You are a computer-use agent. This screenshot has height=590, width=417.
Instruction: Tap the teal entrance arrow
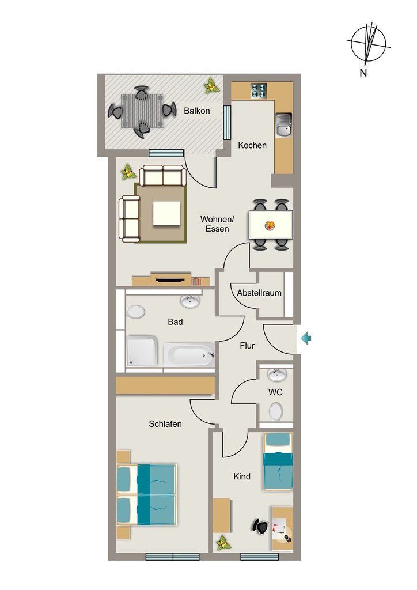pyautogui.click(x=306, y=338)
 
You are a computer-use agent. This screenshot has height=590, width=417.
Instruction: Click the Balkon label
pyautogui.click(x=196, y=111)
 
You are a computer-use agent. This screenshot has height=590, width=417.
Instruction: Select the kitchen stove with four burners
pyautogui.click(x=259, y=90)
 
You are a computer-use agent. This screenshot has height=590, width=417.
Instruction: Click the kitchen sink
pyautogui.click(x=284, y=125)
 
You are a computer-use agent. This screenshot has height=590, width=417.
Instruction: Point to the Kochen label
pyautogui.click(x=252, y=145)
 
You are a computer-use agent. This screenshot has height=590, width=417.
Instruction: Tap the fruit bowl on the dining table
pyautogui.click(x=270, y=226)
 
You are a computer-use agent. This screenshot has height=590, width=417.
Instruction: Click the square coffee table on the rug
pyautogui.click(x=166, y=214)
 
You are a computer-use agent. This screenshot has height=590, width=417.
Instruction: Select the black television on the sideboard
pyautogui.click(x=170, y=279)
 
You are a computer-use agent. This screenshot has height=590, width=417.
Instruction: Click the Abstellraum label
pyautogui.click(x=259, y=293)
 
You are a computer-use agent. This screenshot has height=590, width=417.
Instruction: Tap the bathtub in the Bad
pyautogui.click(x=189, y=354)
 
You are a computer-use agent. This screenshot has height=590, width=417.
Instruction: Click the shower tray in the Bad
pyautogui.click(x=142, y=351)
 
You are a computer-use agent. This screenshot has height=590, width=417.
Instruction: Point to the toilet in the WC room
pyautogui.click(x=276, y=411)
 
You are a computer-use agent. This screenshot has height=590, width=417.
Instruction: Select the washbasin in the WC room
pyautogui.click(x=276, y=375)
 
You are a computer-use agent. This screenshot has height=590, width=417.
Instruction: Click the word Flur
pyautogui.click(x=247, y=346)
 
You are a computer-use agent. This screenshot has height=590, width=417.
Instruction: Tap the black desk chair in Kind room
pyautogui.click(x=260, y=525)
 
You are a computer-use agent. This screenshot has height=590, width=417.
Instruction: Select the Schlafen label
pyautogui.click(x=165, y=424)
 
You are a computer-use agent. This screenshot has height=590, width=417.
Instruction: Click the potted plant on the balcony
pyautogui.click(x=212, y=86)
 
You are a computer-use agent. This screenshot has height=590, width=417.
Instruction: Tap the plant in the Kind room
pyautogui.click(x=223, y=543)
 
